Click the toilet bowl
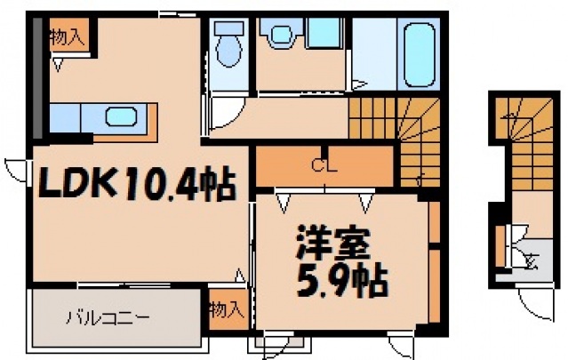click(x=229, y=52)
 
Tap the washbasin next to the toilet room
click(x=281, y=36)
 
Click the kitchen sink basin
click(x=119, y=116)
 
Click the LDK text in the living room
click(x=73, y=185)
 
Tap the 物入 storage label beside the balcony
click(x=226, y=309)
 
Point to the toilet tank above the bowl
click(x=229, y=30)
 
